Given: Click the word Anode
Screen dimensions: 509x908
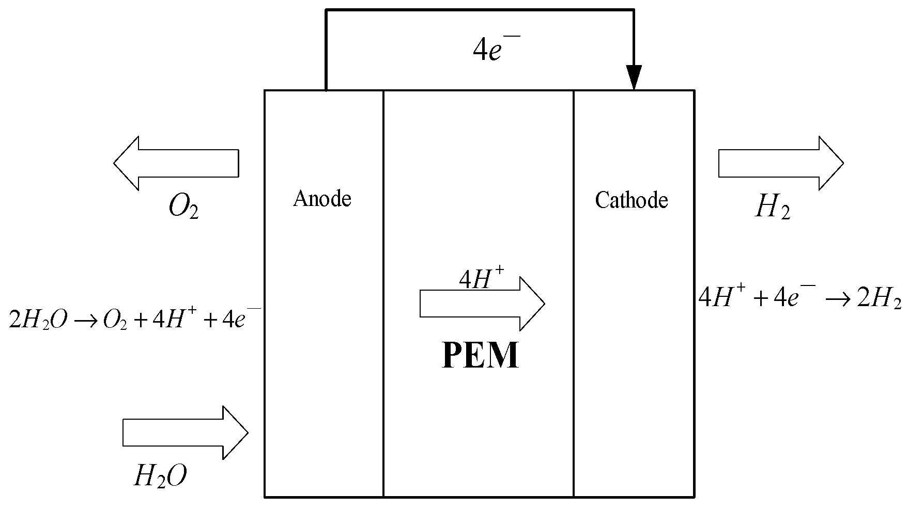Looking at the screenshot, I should tap(322, 199).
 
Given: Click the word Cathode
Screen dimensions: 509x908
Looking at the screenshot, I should tap(631, 200).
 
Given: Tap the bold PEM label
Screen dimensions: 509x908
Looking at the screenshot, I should tap(481, 355).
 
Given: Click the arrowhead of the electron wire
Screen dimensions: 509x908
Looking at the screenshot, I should tap(634, 77).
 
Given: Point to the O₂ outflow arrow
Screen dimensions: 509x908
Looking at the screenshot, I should tap(176, 163).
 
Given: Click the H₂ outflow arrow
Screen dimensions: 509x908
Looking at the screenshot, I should tap(781, 163).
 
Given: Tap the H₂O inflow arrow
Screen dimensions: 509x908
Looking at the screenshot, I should tap(186, 433).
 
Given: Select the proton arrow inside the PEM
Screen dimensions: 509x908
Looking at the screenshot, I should tap(482, 304).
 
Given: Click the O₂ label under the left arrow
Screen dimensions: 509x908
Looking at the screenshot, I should tap(183, 208).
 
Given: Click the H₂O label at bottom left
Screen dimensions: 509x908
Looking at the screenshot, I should tap(160, 476).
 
